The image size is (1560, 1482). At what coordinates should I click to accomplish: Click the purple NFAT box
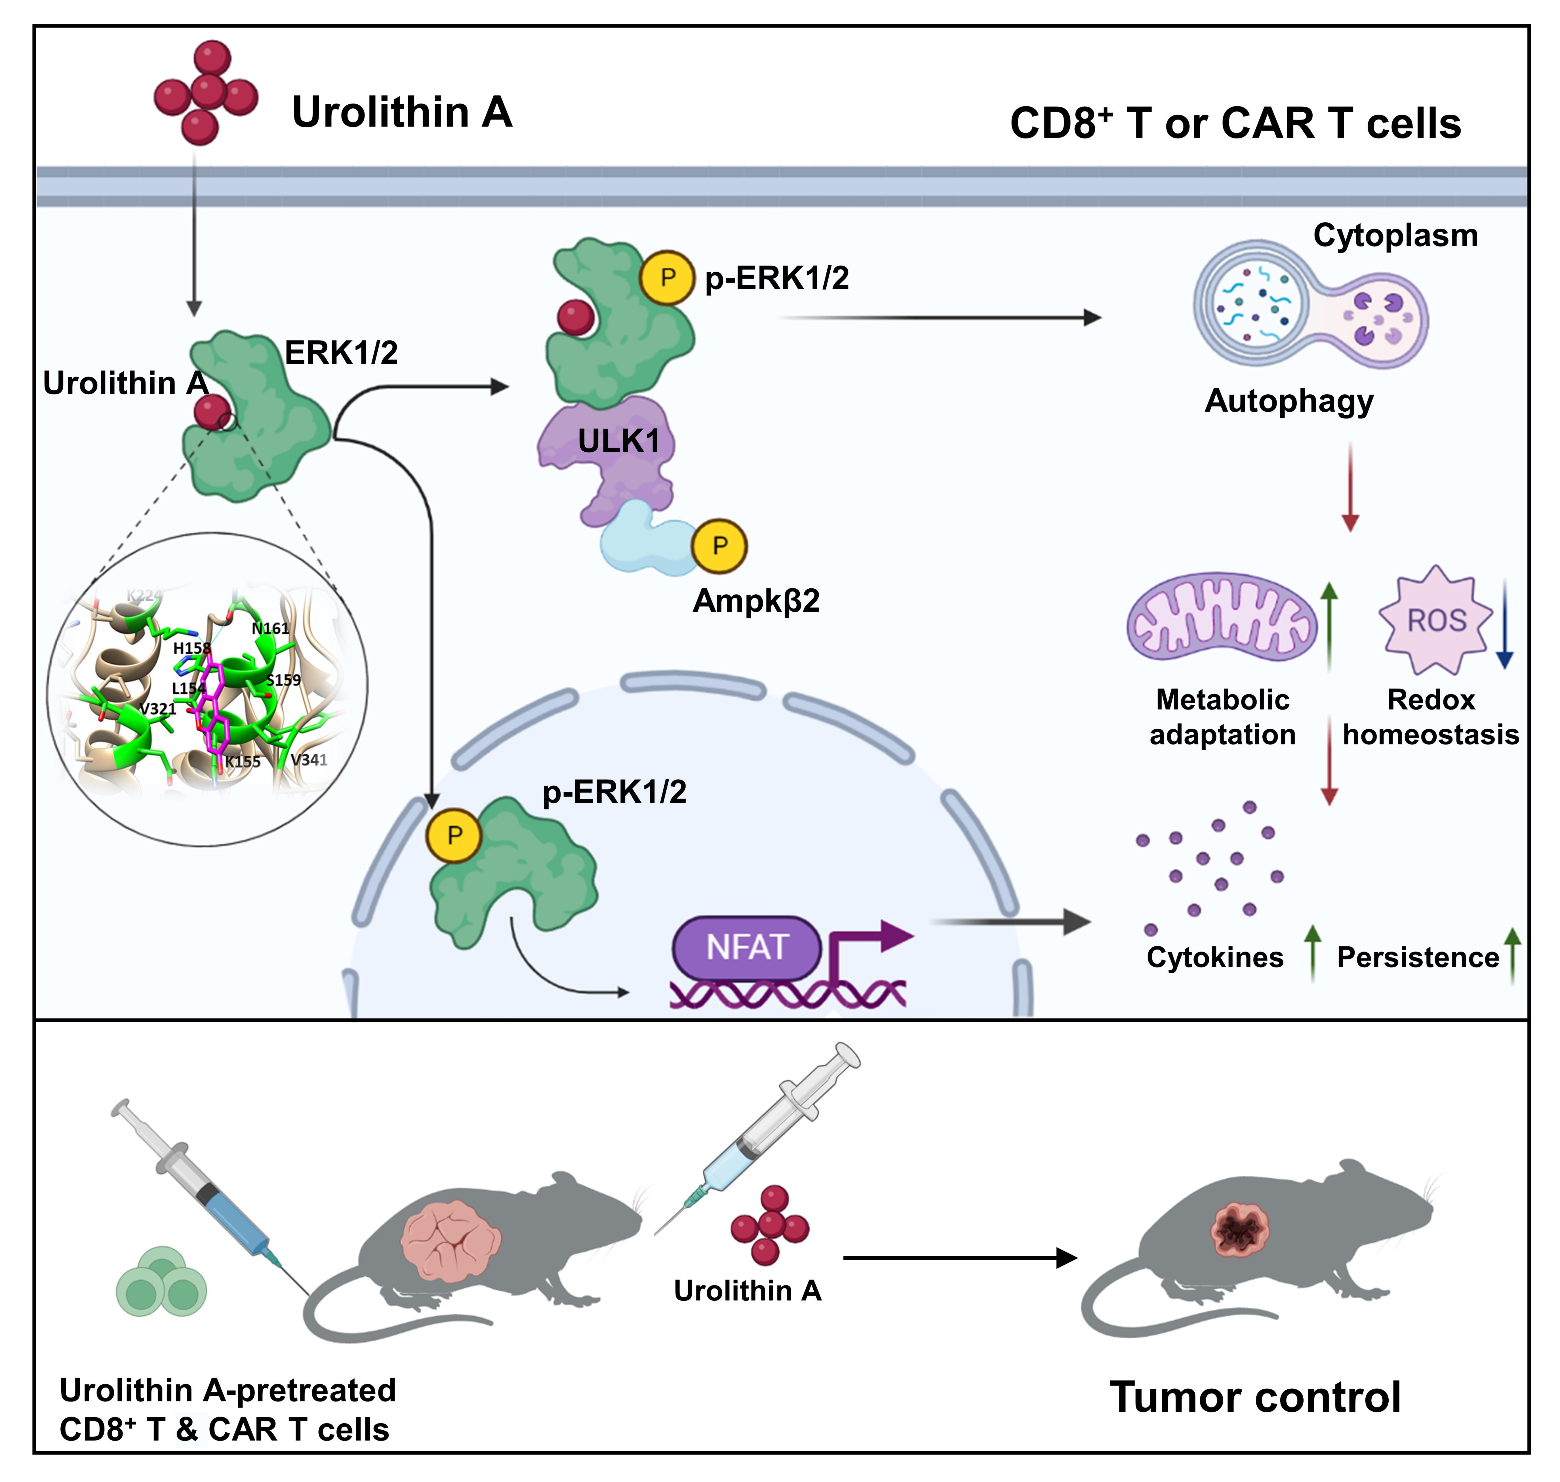coord(746,946)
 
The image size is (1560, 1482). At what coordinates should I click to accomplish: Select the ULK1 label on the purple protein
coord(618,441)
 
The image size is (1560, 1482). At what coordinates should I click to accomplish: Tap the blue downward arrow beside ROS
coord(1505,624)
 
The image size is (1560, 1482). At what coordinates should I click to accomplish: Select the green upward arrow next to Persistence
coord(1512,956)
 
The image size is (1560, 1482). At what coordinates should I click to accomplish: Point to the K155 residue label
coord(243,761)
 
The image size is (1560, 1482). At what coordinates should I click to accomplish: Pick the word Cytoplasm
coord(1395,235)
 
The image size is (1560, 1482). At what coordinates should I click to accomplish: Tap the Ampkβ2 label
coord(756,601)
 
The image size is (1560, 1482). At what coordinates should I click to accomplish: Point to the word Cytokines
coord(1215,957)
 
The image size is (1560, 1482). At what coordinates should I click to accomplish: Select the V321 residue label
coord(158,709)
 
